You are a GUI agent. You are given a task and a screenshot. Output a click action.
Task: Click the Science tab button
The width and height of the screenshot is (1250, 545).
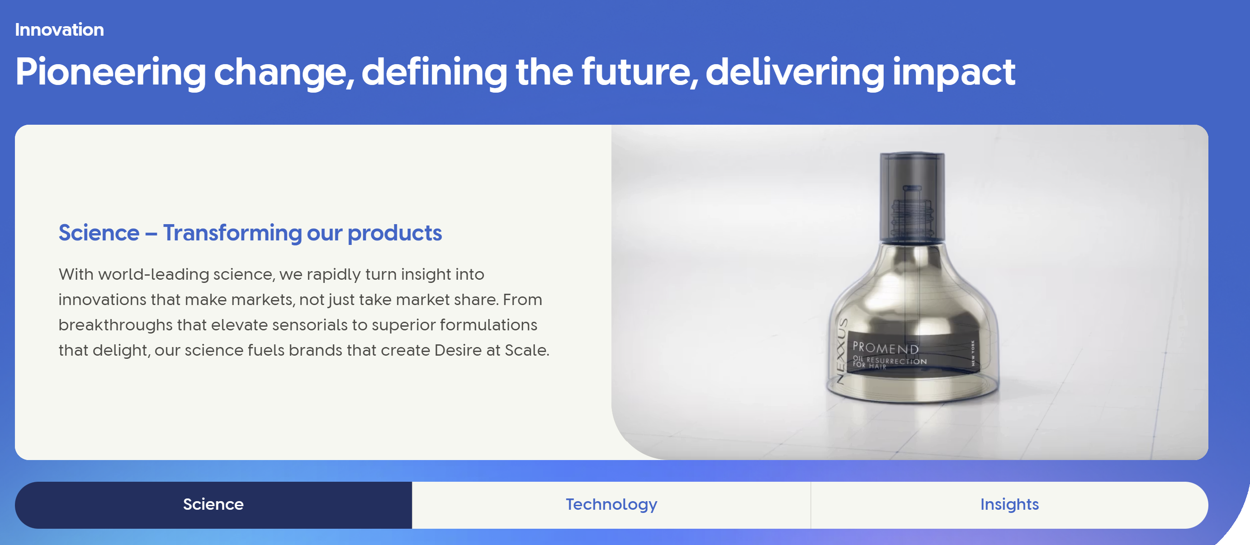[213, 505]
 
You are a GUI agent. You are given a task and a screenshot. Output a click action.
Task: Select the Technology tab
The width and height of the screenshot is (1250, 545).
[611, 505]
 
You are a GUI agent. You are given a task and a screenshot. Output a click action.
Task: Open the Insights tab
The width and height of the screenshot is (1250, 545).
[1009, 505]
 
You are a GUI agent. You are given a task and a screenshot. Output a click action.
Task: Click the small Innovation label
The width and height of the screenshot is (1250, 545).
[59, 29]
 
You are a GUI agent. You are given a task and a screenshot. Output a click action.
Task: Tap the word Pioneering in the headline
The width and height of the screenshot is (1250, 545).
[111, 72]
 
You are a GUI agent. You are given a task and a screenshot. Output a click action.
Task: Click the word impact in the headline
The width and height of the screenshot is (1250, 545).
[953, 72]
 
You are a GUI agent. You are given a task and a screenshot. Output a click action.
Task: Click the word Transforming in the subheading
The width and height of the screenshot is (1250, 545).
[232, 233]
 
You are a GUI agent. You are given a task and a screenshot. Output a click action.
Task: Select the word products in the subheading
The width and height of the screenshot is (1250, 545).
[394, 233]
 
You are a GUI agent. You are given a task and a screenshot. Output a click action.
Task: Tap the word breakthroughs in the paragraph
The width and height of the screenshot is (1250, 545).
[115, 325]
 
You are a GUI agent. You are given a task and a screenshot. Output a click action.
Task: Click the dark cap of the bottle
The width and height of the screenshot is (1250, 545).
[912, 197]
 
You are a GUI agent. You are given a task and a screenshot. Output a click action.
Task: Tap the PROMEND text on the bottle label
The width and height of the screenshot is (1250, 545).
[885, 348]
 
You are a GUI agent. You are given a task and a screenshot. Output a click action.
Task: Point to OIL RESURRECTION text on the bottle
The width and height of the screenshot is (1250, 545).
[890, 360]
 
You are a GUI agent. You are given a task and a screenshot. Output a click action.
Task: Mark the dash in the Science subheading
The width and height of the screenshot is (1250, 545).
[151, 235]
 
